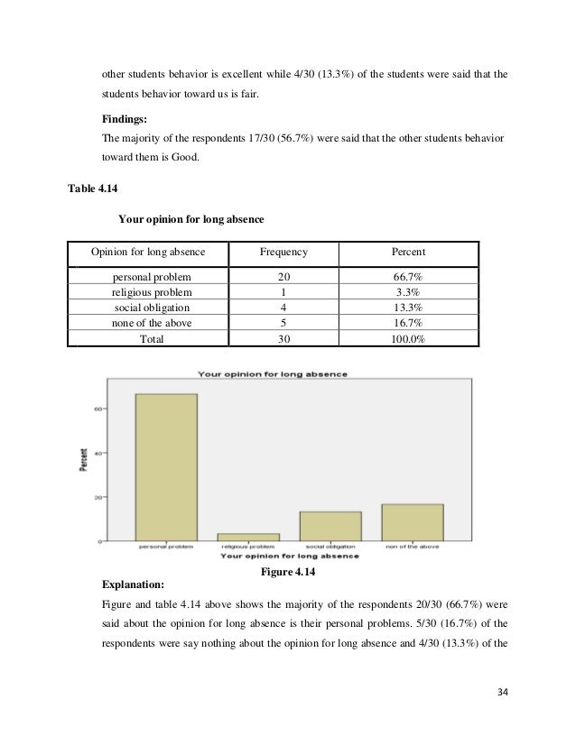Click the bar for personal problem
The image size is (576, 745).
pos(166,466)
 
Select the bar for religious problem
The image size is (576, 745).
pos(249,537)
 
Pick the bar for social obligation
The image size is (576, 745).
pos(331,526)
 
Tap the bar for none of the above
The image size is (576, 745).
pos(413,522)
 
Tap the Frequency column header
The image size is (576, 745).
pos(284,252)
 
